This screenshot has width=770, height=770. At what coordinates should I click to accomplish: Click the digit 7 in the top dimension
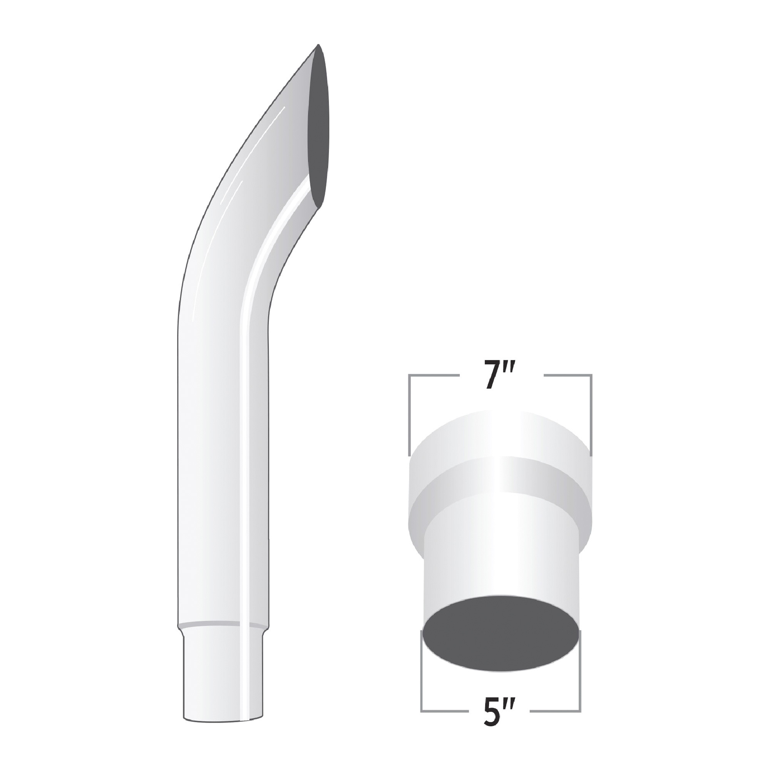[x=492, y=374]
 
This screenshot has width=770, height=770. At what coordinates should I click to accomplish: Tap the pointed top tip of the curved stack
[x=318, y=45]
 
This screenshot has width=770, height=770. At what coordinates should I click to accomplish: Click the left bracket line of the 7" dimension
[x=409, y=415]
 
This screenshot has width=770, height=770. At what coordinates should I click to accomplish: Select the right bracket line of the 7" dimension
[x=591, y=415]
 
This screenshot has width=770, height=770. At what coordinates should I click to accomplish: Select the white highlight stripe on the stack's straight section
[x=246, y=478]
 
